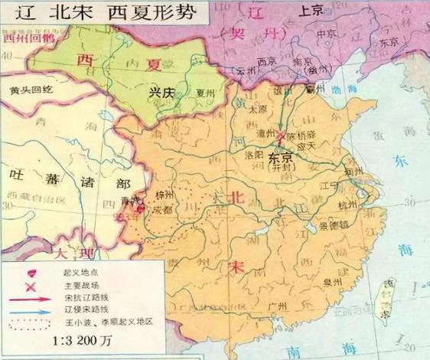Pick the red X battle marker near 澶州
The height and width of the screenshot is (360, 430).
(281, 137)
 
